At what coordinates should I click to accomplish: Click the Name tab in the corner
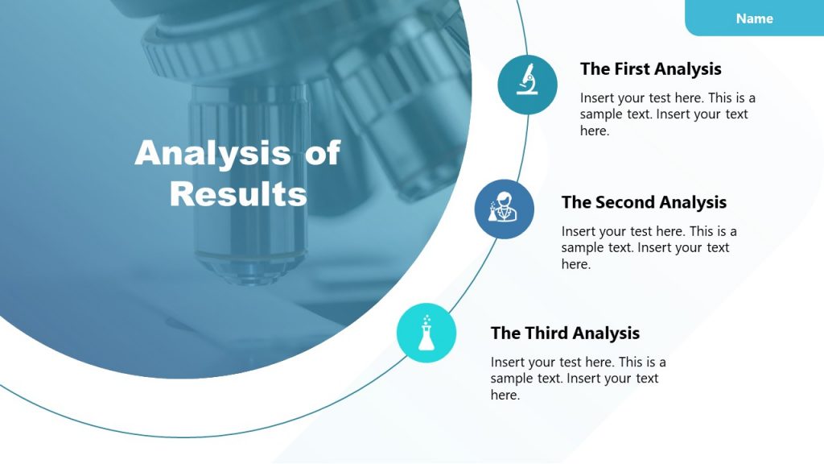(754, 19)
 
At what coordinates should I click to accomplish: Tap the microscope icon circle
(527, 85)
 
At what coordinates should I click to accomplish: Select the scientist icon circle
(504, 209)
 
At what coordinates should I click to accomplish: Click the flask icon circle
(426, 333)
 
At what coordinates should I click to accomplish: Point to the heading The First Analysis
(650, 69)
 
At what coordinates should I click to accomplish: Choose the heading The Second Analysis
(644, 202)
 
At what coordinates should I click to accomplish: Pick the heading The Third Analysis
(565, 333)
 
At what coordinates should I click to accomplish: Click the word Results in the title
(238, 194)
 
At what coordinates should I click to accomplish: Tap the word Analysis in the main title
(212, 153)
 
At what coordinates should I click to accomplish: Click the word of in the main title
(322, 153)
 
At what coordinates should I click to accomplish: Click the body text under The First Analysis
(667, 114)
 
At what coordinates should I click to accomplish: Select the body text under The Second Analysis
(649, 247)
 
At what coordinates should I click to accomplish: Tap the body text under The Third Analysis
(578, 379)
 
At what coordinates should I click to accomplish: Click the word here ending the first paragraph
(594, 130)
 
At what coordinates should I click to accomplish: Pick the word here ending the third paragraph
(505, 395)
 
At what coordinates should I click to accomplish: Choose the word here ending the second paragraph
(575, 264)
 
